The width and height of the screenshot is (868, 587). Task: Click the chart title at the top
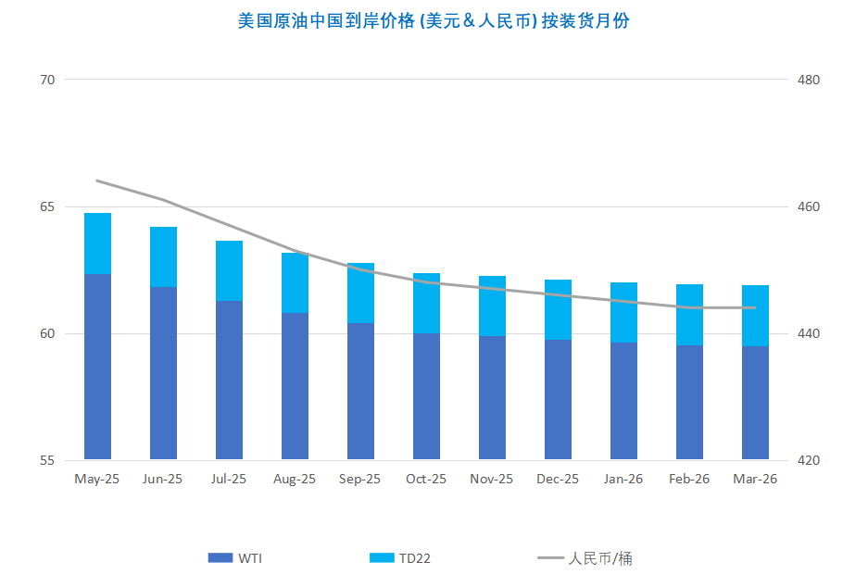click(434, 20)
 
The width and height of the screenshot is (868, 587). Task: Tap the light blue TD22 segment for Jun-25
click(163, 256)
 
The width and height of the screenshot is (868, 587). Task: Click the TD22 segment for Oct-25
click(426, 303)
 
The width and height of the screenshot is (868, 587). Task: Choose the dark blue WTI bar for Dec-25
click(558, 400)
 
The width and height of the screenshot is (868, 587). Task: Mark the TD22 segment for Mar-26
click(755, 316)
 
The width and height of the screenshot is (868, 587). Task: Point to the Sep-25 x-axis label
click(360, 480)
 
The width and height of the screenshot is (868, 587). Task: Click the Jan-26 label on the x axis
click(623, 480)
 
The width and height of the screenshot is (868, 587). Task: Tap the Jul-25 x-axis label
click(229, 480)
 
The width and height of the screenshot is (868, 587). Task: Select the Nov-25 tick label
click(492, 480)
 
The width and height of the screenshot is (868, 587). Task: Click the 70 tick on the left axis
click(47, 80)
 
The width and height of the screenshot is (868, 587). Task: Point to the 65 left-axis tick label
click(47, 206)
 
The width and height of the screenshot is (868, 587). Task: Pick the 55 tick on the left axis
click(47, 460)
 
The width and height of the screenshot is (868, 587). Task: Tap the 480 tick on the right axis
click(809, 80)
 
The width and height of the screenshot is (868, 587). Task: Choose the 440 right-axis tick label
click(809, 333)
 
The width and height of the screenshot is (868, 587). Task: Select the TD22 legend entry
click(400, 558)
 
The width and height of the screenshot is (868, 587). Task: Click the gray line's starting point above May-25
click(97, 181)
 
